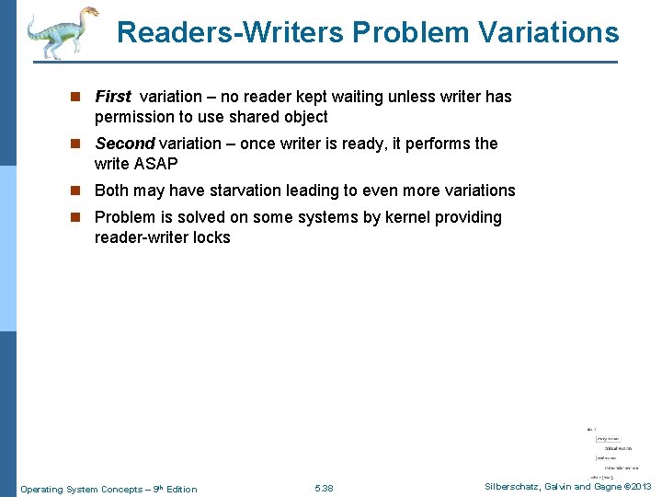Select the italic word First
click(x=113, y=97)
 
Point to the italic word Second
click(x=125, y=144)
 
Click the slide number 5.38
click(x=324, y=489)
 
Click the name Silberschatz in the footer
click(x=518, y=487)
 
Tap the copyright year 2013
click(x=640, y=487)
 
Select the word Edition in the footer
click(x=181, y=489)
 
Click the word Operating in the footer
click(x=42, y=489)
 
